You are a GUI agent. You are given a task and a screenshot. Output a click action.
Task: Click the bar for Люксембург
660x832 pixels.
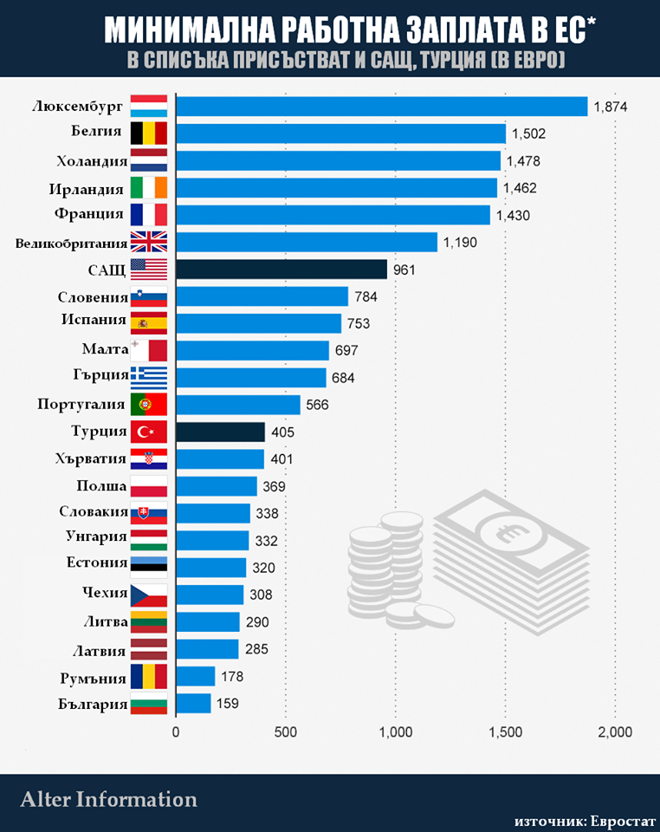(x=381, y=107)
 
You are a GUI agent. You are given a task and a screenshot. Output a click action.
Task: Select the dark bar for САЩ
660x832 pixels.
(x=281, y=270)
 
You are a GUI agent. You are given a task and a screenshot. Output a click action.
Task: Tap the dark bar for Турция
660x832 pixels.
(x=220, y=432)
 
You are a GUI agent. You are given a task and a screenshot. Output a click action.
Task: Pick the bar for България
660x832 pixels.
(x=193, y=703)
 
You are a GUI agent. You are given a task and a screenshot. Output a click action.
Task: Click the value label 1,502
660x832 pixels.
(x=529, y=134)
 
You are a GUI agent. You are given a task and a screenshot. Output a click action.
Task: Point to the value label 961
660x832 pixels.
(x=404, y=270)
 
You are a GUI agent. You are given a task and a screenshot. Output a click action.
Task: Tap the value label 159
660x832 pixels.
(x=227, y=704)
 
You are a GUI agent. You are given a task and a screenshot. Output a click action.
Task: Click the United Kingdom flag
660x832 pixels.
(x=148, y=243)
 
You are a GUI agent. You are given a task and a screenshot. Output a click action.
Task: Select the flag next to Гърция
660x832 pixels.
(x=148, y=378)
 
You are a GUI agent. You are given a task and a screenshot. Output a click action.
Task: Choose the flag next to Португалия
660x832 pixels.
(x=148, y=405)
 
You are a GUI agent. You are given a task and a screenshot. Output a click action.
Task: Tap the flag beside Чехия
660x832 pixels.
(x=148, y=595)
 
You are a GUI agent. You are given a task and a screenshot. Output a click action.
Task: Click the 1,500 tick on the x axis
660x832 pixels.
(x=506, y=732)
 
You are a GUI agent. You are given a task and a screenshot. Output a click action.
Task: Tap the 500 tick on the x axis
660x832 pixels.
(x=286, y=732)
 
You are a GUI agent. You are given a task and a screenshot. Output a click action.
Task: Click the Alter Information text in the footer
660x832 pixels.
(x=109, y=798)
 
